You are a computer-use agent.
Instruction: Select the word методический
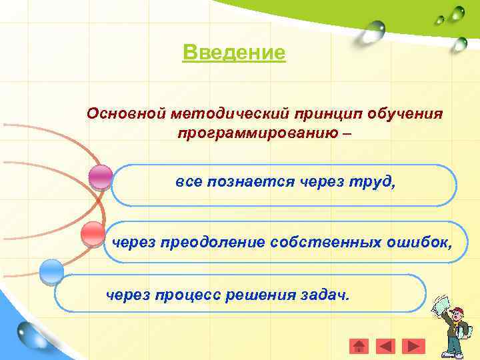[225, 113]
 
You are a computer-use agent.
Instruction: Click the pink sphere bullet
[101, 177]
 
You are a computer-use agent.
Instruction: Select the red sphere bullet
[93, 234]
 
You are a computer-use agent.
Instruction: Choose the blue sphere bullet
[51, 271]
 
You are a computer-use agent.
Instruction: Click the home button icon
[359, 345]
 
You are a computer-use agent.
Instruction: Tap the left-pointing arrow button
[385, 345]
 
